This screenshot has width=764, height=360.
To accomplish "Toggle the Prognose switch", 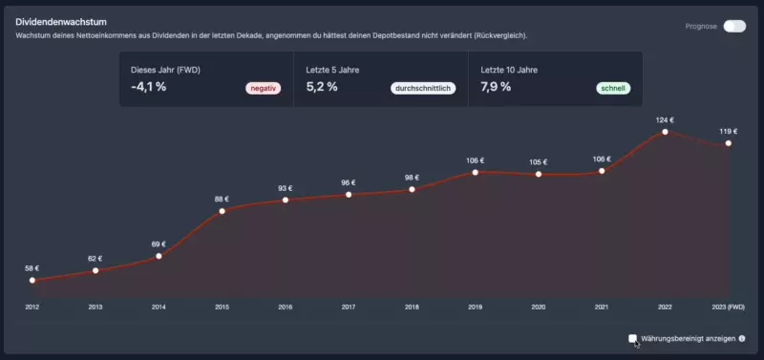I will pos(733,26).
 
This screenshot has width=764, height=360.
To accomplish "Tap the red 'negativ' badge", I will pos(264,89).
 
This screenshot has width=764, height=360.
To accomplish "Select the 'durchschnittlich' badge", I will pos(422,89).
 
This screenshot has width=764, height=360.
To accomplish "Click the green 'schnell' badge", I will pos(612,89).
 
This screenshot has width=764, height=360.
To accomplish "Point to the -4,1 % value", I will pos(149,87).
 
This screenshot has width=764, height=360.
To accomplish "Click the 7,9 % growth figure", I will pos(496,87).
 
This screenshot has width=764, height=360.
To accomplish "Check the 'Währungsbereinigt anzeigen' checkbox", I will pos(632,338).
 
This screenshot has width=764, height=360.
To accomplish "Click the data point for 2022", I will pos(666,132).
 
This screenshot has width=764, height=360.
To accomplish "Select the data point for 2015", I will pos(222,210).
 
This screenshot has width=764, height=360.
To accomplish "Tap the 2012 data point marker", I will pos(32,280).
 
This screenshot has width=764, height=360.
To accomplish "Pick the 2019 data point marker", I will pos(475,172).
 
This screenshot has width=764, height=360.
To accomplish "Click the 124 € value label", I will pos(666,120).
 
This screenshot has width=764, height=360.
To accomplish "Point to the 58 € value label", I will pos(32,268).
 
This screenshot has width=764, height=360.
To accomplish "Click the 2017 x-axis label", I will pos(349,307).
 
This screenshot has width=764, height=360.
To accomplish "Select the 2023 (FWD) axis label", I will pos(729,307).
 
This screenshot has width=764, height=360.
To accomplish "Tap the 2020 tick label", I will pos(539,307).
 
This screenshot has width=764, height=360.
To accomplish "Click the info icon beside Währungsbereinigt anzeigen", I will pos(742,338).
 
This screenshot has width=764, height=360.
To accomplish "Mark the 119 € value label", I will pos(729,132).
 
